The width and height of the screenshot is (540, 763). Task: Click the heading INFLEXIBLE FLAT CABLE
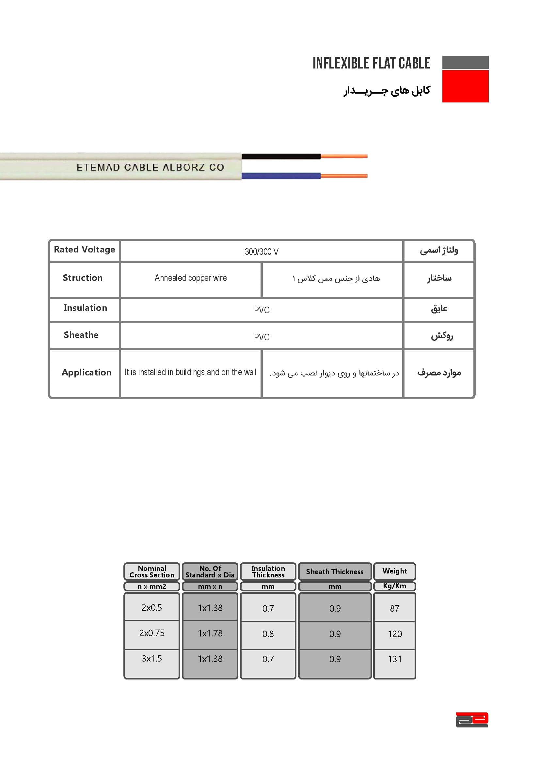click(x=371, y=63)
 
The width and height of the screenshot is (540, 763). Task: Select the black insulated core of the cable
click(x=281, y=156)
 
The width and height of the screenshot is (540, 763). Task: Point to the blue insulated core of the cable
click(x=281, y=176)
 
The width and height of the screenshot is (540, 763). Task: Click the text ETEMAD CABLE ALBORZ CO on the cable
click(x=150, y=167)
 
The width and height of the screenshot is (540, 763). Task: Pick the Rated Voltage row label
click(x=85, y=250)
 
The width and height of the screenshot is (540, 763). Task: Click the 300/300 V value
click(x=262, y=252)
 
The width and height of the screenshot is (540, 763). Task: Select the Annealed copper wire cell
click(x=191, y=278)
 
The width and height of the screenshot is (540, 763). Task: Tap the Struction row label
click(x=83, y=278)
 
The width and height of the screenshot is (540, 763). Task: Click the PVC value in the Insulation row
click(x=262, y=310)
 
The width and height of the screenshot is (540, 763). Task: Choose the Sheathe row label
click(x=81, y=335)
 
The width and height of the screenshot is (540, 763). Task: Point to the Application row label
click(x=87, y=373)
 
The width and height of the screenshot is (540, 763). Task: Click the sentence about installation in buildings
click(x=191, y=372)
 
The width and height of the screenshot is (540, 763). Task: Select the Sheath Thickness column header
click(x=335, y=572)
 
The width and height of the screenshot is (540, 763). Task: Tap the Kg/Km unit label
click(x=394, y=586)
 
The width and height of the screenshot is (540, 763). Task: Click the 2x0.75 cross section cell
click(x=151, y=633)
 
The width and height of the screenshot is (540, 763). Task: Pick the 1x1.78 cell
click(x=210, y=633)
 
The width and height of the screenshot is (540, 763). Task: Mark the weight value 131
click(x=395, y=659)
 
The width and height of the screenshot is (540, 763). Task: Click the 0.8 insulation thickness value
click(x=268, y=634)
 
